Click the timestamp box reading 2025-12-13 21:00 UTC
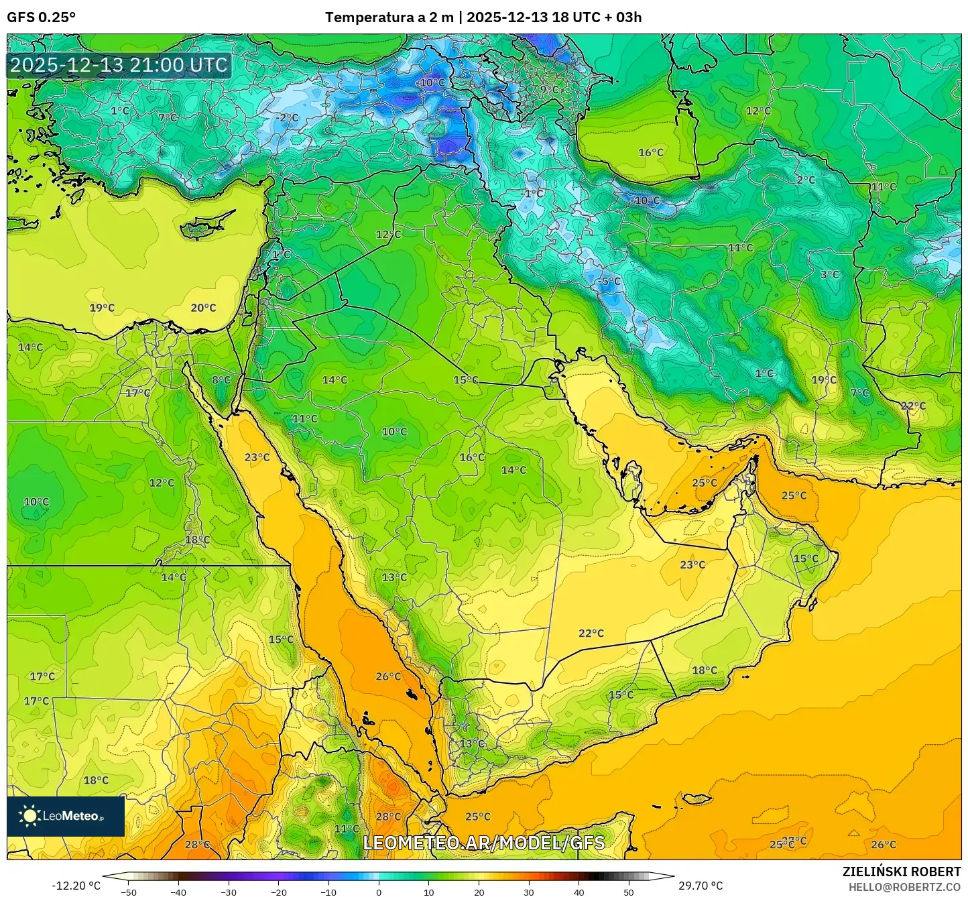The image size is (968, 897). [x=119, y=65]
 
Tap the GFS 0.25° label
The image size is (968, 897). [x=41, y=17]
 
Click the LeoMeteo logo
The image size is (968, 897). [x=66, y=816]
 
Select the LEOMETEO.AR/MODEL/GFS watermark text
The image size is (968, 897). [x=483, y=843]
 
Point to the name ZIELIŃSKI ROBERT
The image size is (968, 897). [x=902, y=872]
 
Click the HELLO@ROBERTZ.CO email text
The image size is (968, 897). [x=904, y=886]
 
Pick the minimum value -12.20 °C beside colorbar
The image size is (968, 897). [x=76, y=886]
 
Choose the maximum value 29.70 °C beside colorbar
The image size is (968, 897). [x=701, y=886]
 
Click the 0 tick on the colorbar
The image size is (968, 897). [x=379, y=892]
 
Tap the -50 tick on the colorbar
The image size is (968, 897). [x=128, y=892]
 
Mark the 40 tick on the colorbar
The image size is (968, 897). [x=579, y=892]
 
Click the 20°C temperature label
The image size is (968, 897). [x=203, y=308]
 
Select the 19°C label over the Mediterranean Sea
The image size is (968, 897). [x=102, y=308]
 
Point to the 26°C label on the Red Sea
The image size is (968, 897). [x=388, y=676]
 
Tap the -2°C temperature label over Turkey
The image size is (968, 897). [x=287, y=118]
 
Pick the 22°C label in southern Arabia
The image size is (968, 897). [x=591, y=633]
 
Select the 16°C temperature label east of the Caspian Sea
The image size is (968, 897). [x=650, y=153]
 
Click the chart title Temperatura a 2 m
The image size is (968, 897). [x=389, y=17]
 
